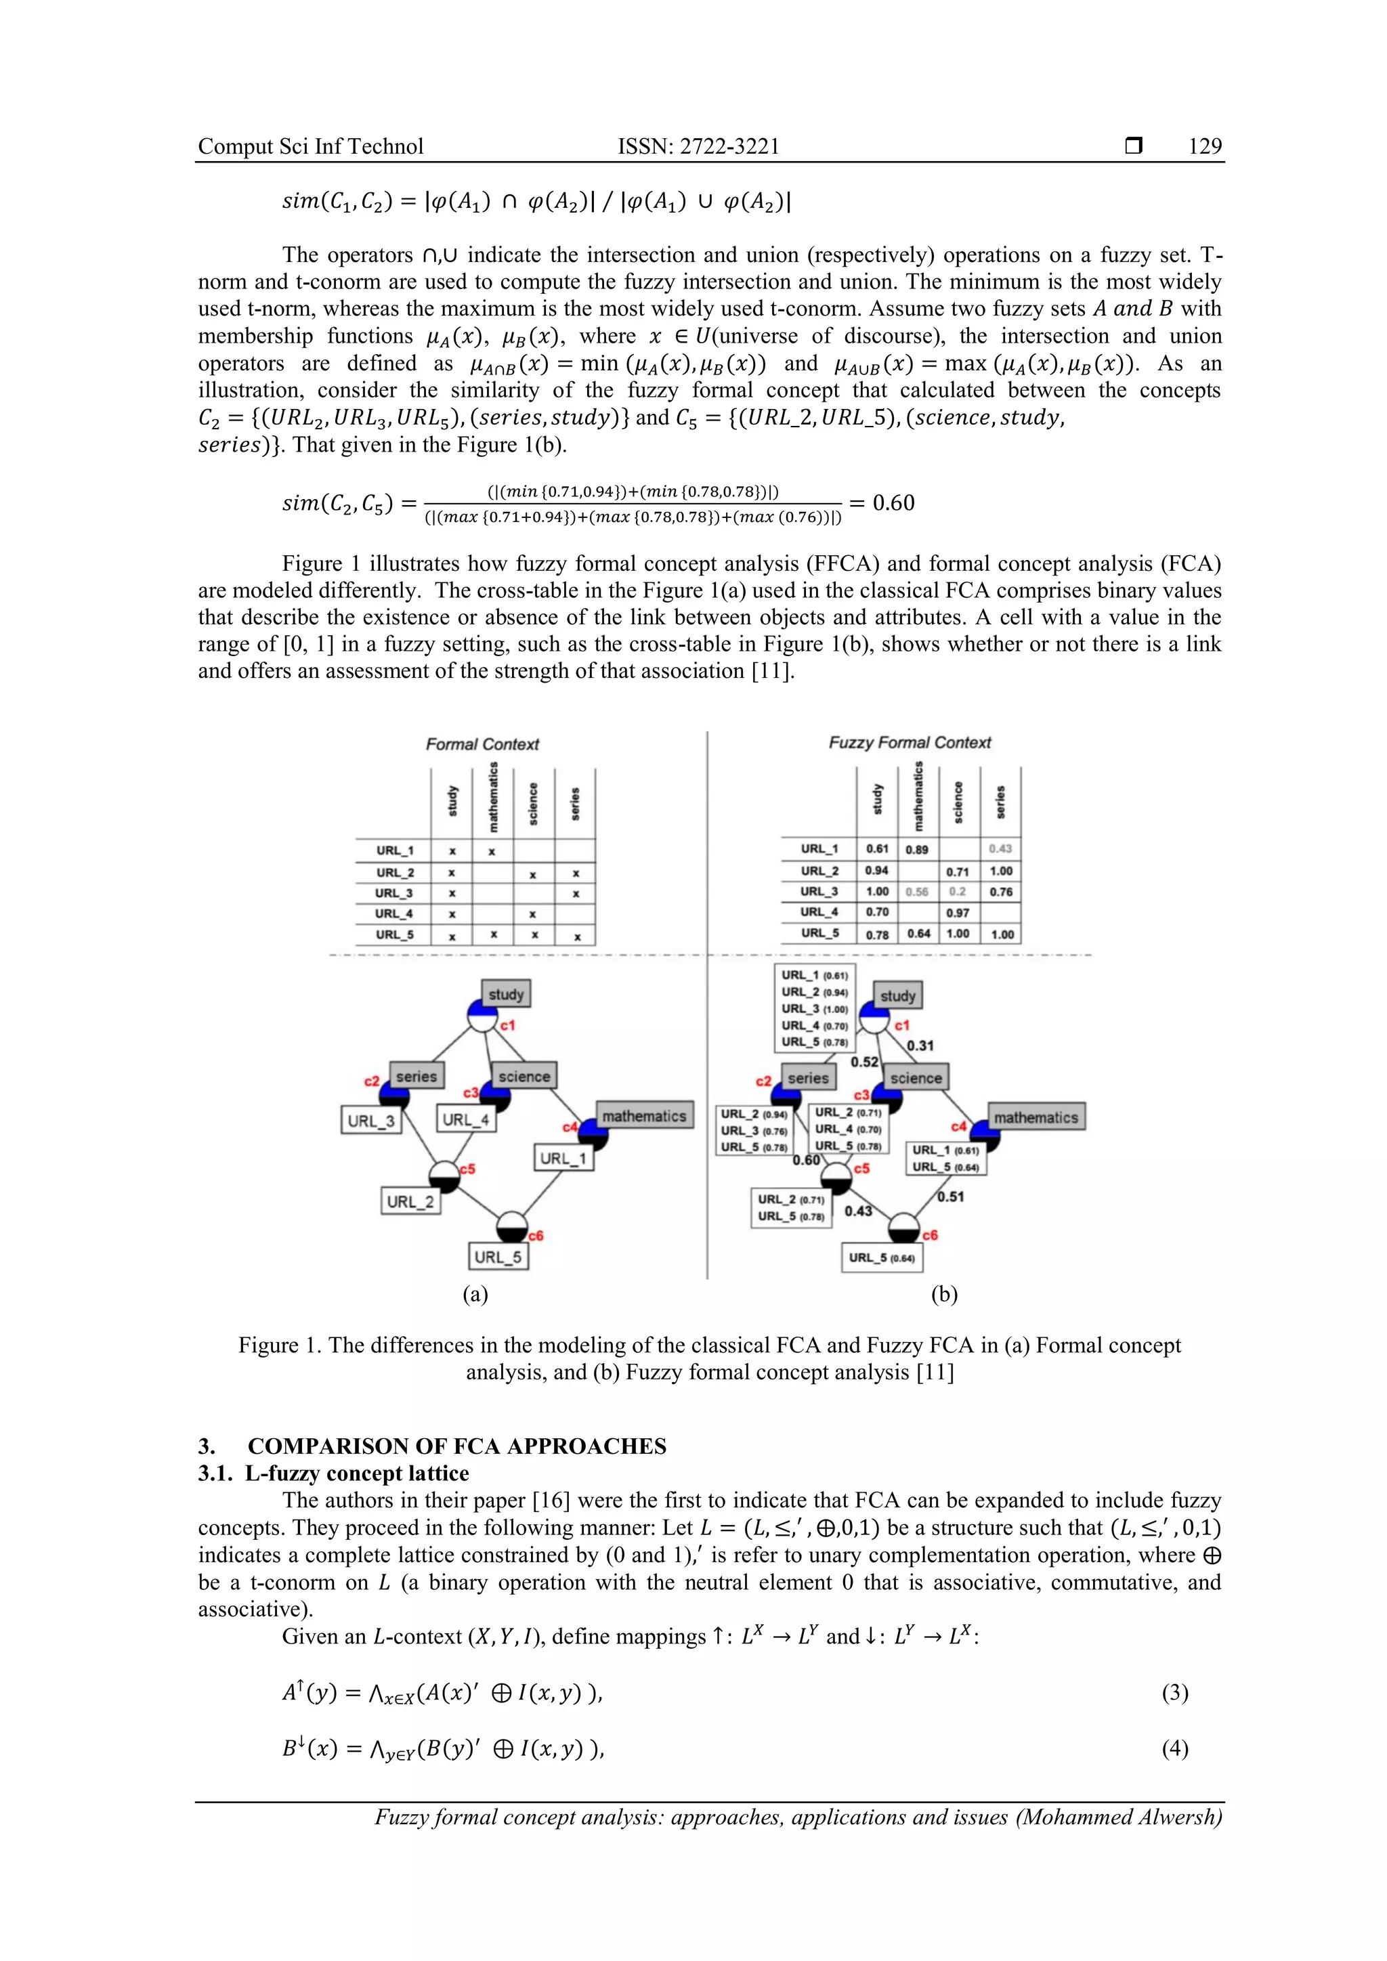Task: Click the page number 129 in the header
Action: click(1204, 146)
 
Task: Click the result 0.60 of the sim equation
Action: click(893, 503)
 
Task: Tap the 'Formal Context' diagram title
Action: click(483, 744)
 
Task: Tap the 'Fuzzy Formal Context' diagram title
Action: click(910, 742)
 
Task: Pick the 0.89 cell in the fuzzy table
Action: click(916, 850)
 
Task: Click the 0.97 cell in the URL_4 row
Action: click(958, 913)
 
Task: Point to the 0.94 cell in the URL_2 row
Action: click(877, 870)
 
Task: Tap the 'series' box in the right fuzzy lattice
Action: click(808, 1078)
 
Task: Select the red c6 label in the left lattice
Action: click(536, 1235)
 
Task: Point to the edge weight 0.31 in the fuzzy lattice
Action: click(920, 1046)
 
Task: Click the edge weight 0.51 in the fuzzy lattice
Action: click(951, 1197)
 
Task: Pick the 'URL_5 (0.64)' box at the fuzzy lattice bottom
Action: click(881, 1258)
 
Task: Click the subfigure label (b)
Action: click(943, 1294)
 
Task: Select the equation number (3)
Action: click(1174, 1692)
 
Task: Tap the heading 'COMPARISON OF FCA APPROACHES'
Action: click(457, 1446)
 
